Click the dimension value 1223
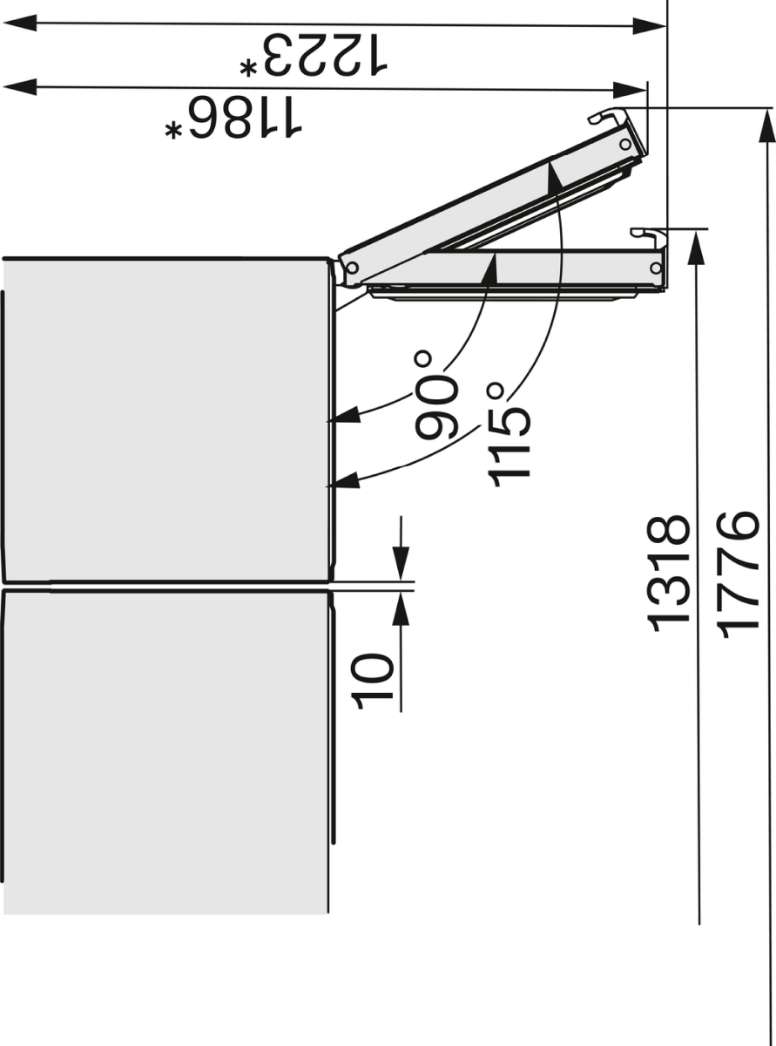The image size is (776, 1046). (325, 55)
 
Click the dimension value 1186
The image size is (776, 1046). (245, 118)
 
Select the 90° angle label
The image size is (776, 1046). (436, 394)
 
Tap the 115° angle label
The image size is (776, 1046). (509, 434)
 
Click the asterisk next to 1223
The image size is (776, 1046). (248, 68)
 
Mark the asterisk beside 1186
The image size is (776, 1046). (173, 131)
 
